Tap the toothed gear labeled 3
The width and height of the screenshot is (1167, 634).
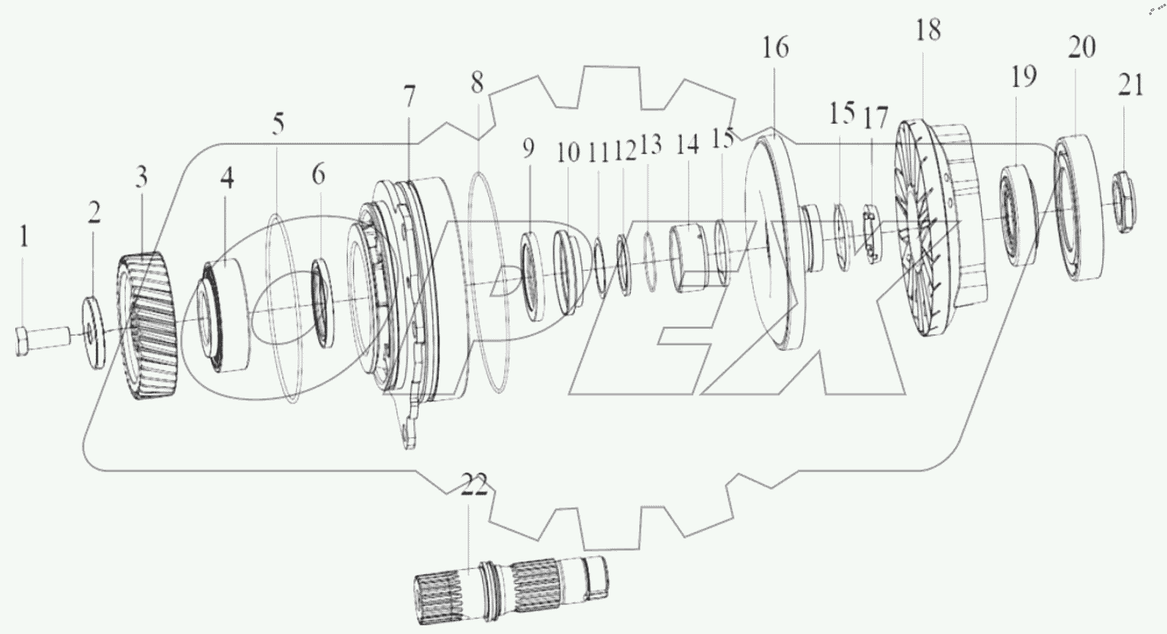point(147,327)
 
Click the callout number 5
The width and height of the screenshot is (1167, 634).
point(278,123)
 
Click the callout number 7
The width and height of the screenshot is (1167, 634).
point(410,98)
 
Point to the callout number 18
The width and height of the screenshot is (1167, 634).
point(928,31)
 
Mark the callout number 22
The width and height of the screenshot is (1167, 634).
point(474,487)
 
